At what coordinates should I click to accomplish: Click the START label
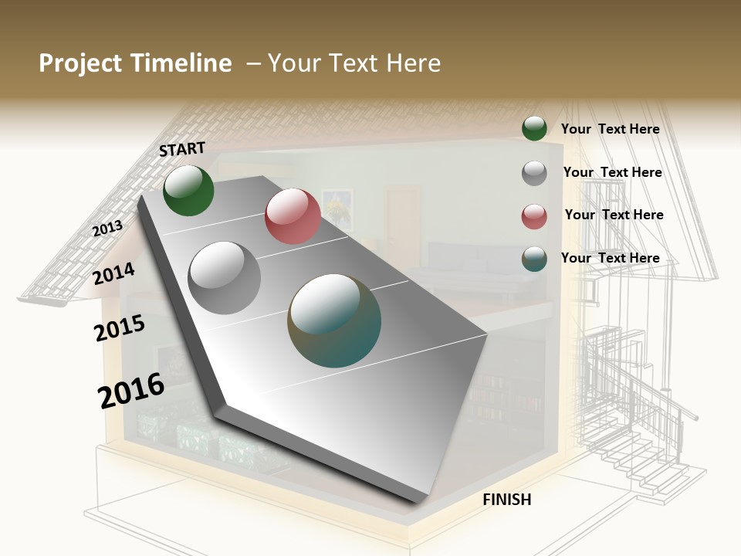click(x=182, y=148)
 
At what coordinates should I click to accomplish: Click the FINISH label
click(x=507, y=500)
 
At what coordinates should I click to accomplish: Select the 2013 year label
click(x=107, y=228)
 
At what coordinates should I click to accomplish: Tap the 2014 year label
click(x=114, y=273)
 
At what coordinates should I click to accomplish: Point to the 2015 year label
click(x=120, y=328)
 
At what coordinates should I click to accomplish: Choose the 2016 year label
click(x=131, y=390)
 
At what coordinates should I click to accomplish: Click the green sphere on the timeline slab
click(x=188, y=190)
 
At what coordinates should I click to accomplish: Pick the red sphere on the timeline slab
click(x=293, y=216)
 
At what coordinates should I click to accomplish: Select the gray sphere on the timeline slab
click(x=225, y=277)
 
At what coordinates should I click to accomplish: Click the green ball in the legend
click(x=534, y=129)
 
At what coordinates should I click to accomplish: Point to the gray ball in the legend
click(x=534, y=173)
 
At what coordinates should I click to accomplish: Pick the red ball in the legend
click(x=534, y=216)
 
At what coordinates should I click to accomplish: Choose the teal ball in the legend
click(x=534, y=259)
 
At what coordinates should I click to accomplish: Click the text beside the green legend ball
click(x=610, y=129)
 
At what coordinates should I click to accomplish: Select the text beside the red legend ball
click(x=614, y=215)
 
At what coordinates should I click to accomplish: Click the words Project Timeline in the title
click(x=135, y=63)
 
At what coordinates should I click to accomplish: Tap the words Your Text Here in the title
click(x=354, y=63)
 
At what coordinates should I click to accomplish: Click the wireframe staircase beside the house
click(x=641, y=417)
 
